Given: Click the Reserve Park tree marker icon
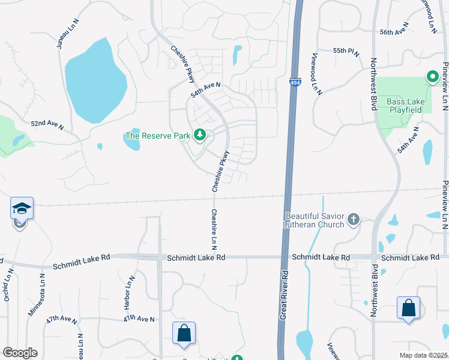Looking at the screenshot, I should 200,136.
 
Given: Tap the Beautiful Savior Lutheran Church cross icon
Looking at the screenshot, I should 354,220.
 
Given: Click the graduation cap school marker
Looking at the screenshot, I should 22,209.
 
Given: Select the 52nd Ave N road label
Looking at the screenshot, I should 47,124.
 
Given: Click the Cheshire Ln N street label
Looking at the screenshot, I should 214,230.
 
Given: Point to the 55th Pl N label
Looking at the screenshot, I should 346,52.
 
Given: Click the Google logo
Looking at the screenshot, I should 20,353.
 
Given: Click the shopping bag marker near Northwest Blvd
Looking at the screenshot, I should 408,308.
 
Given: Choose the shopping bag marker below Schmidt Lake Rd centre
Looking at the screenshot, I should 184,334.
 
